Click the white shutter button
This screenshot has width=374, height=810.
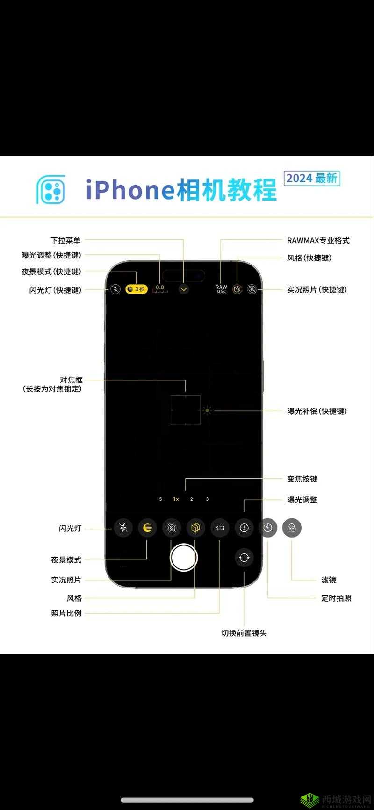(x=184, y=557)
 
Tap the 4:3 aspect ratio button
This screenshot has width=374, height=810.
(x=220, y=528)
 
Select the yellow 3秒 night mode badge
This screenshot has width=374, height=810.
(x=136, y=289)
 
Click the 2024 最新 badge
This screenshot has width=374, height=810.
(x=312, y=178)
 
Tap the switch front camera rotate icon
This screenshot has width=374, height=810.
(x=244, y=557)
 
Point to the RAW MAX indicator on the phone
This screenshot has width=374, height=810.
(x=221, y=289)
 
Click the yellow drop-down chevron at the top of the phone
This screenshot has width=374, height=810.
(x=184, y=289)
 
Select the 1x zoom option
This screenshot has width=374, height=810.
(x=176, y=499)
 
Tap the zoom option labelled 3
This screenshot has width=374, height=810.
(x=207, y=499)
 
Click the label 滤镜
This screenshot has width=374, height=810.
(x=329, y=580)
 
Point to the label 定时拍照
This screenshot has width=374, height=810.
(x=336, y=598)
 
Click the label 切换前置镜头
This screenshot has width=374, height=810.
(x=244, y=633)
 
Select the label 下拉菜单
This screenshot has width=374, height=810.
(x=65, y=240)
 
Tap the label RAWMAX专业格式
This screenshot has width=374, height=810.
(x=318, y=240)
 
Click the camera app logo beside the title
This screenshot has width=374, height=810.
(x=51, y=190)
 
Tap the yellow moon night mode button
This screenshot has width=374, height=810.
(x=147, y=528)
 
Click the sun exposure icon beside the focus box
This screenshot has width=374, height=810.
(x=207, y=411)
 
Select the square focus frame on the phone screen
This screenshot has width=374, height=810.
(x=185, y=410)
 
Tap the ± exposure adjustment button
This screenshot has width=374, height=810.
(x=244, y=528)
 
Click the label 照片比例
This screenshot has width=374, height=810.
(x=66, y=613)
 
